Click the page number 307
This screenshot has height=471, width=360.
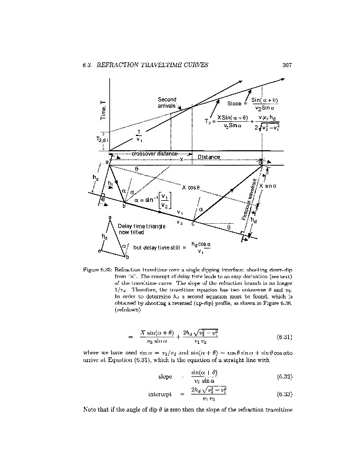click(287, 65)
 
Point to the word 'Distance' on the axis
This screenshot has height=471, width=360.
click(209, 157)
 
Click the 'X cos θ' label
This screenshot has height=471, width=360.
click(192, 187)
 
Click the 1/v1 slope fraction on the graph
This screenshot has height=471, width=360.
click(139, 136)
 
